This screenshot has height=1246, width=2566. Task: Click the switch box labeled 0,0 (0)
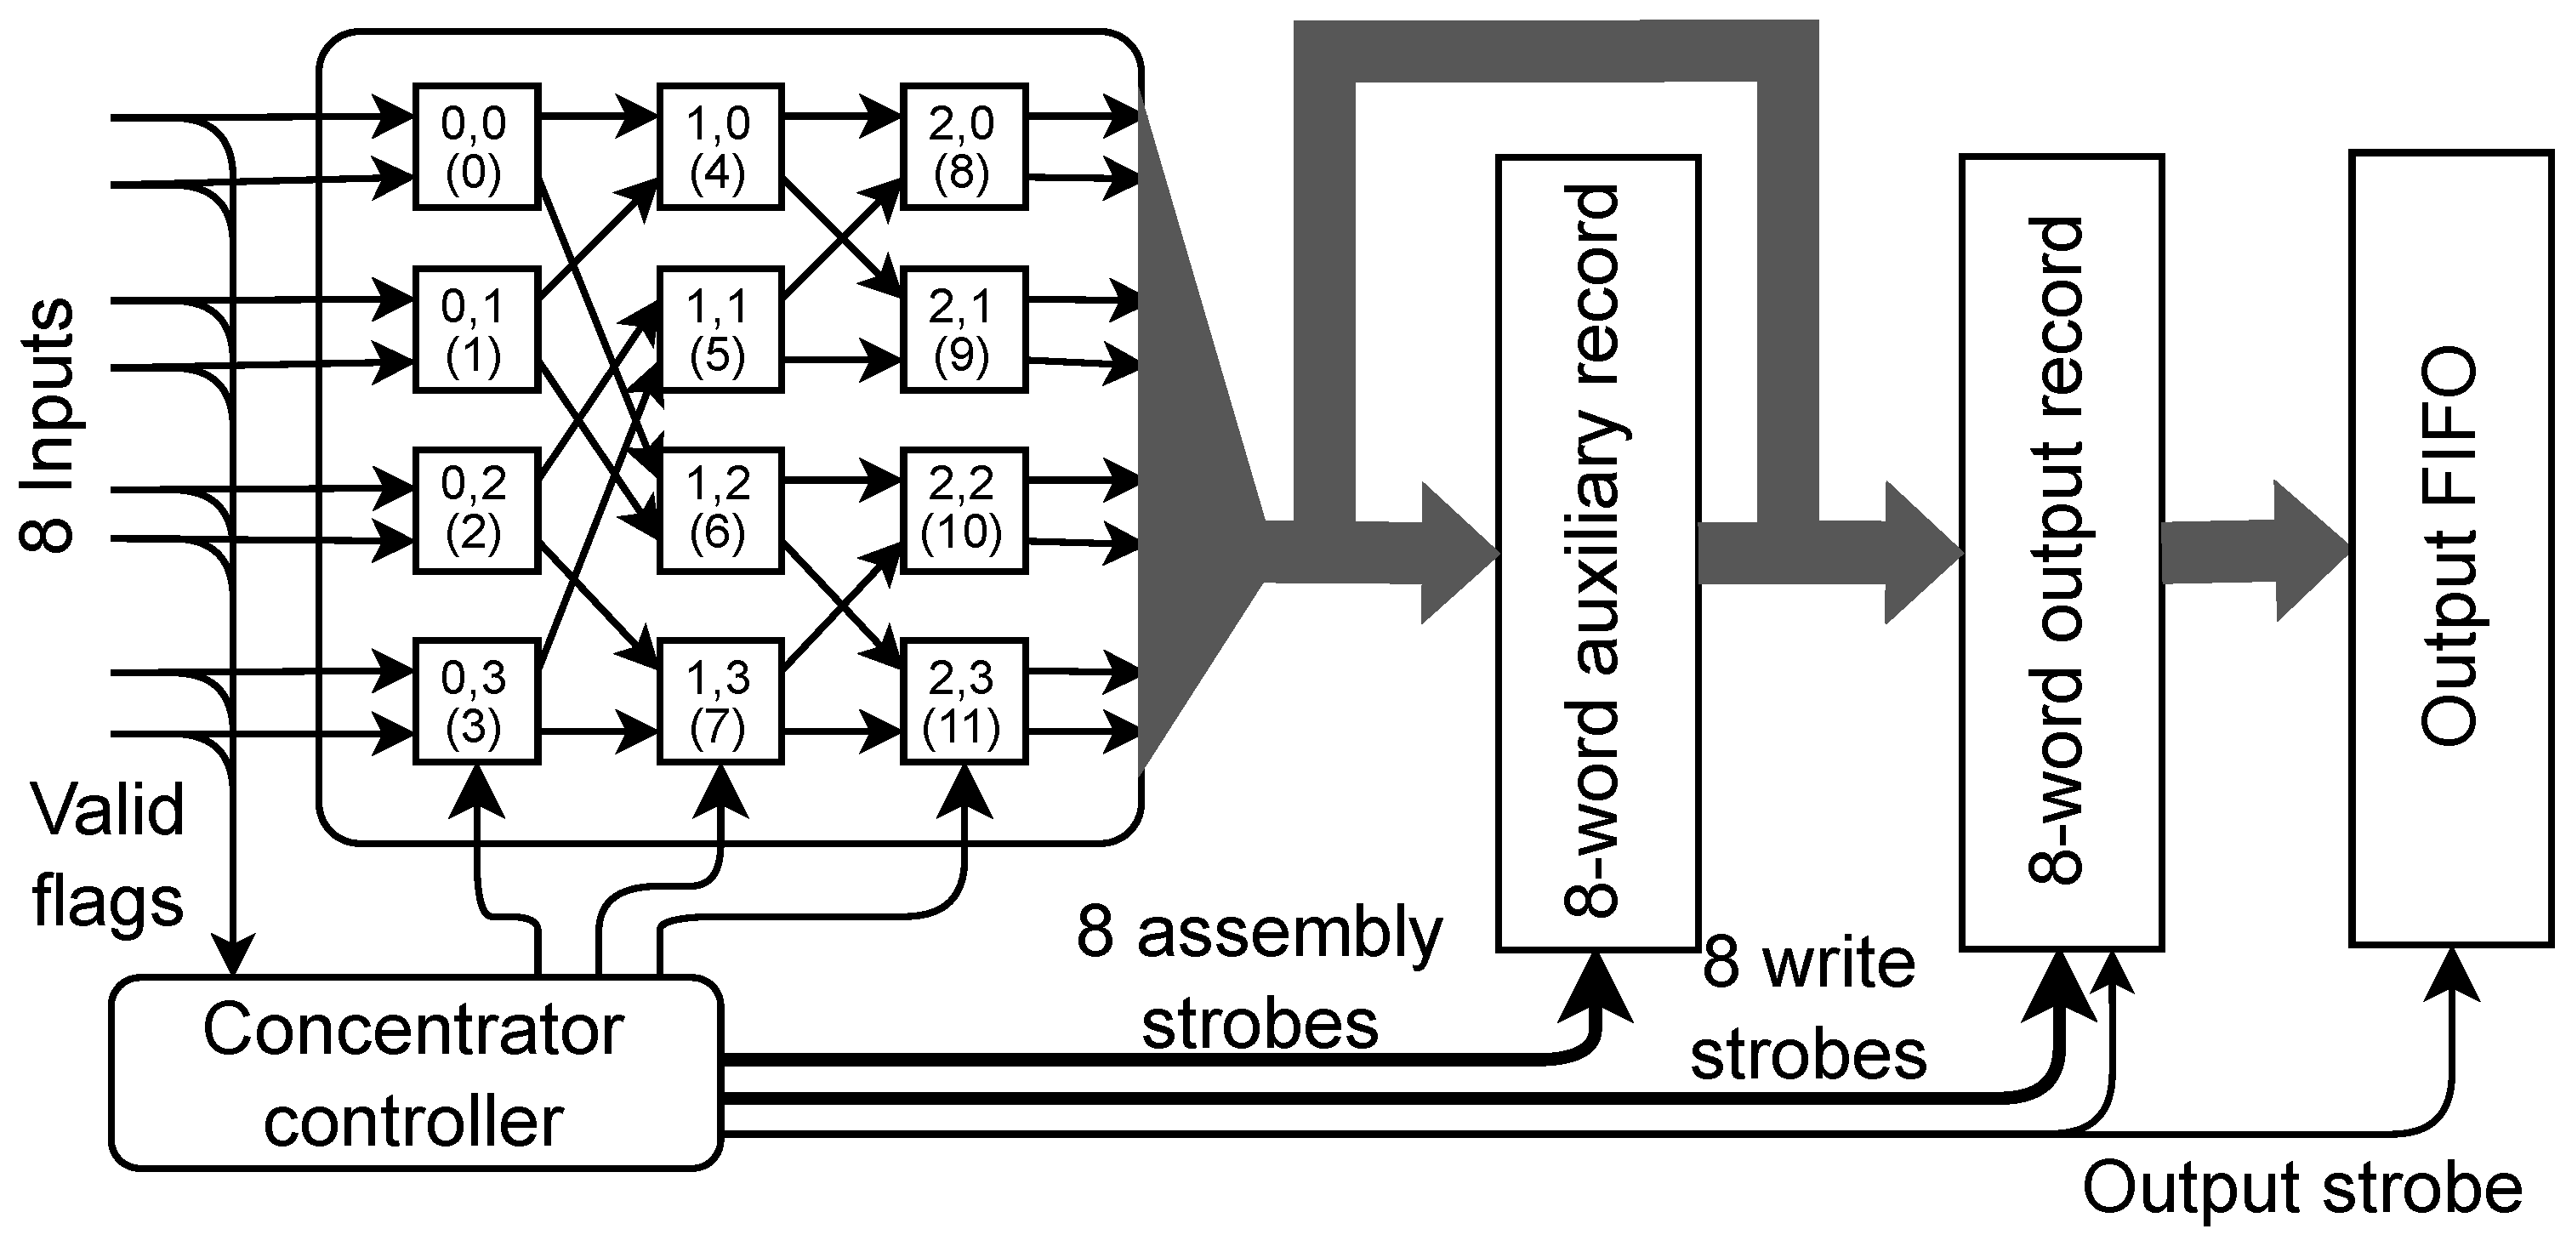click(x=476, y=146)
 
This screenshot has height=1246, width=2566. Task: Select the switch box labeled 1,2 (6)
click(x=720, y=510)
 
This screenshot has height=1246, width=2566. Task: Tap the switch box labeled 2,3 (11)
click(x=962, y=703)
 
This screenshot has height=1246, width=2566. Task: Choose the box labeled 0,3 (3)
click(x=476, y=703)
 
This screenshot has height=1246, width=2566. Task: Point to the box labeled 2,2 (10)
click(x=962, y=510)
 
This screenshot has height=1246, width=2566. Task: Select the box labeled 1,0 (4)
click(x=720, y=146)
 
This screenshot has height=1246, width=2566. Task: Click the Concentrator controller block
click(x=414, y=1072)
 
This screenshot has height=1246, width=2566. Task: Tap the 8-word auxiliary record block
click(x=1598, y=553)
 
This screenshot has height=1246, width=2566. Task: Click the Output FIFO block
click(x=2451, y=547)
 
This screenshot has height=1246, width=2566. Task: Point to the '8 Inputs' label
click(x=47, y=424)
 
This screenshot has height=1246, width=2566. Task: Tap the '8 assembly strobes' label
click(x=1259, y=978)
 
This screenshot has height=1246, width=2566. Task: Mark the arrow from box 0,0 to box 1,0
click(x=598, y=118)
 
